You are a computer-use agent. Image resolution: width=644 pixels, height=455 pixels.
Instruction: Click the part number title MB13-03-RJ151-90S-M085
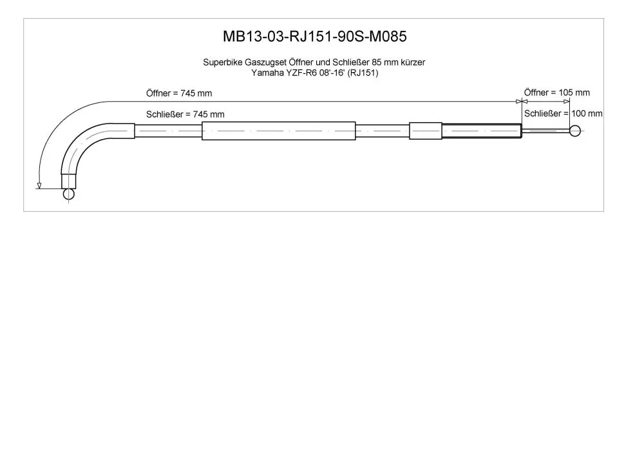coord(315,37)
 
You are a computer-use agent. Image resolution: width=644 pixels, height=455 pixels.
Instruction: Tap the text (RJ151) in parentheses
coord(363,73)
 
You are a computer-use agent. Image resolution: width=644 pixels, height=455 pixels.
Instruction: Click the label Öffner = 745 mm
coord(179,93)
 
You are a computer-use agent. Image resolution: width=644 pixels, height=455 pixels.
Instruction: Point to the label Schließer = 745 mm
coord(185,114)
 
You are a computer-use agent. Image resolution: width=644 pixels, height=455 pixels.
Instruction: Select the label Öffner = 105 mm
coord(557,92)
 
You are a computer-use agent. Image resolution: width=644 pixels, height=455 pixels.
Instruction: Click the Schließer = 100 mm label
coord(563,113)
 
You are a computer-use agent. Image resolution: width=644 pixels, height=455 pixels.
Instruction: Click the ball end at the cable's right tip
coord(575,131)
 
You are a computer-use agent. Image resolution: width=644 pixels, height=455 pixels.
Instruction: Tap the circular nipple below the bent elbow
coord(69,194)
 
